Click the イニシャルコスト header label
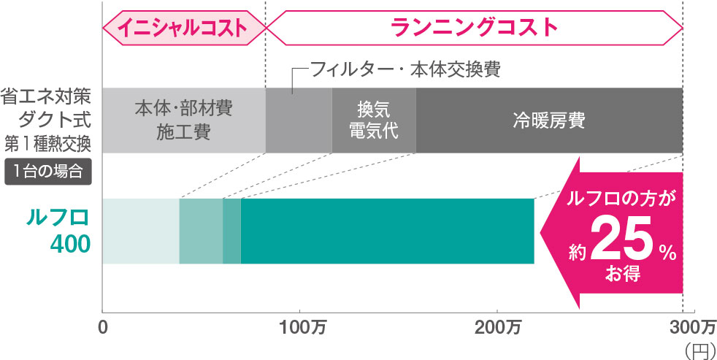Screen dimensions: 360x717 click(183, 28)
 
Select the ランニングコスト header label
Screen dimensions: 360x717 click(474, 28)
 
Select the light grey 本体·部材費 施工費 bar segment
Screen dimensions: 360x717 click(183, 120)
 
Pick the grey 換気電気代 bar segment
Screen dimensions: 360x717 click(374, 120)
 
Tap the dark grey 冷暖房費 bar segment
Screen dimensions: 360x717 click(549, 120)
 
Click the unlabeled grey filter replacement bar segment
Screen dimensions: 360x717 click(299, 120)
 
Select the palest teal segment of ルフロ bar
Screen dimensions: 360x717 click(141, 231)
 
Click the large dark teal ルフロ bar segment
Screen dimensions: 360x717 click(387, 231)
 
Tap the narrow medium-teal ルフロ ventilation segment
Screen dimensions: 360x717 click(231, 231)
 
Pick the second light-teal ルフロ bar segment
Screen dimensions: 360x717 click(201, 231)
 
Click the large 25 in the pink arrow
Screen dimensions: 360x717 click(623, 242)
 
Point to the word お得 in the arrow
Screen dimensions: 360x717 click(621, 275)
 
